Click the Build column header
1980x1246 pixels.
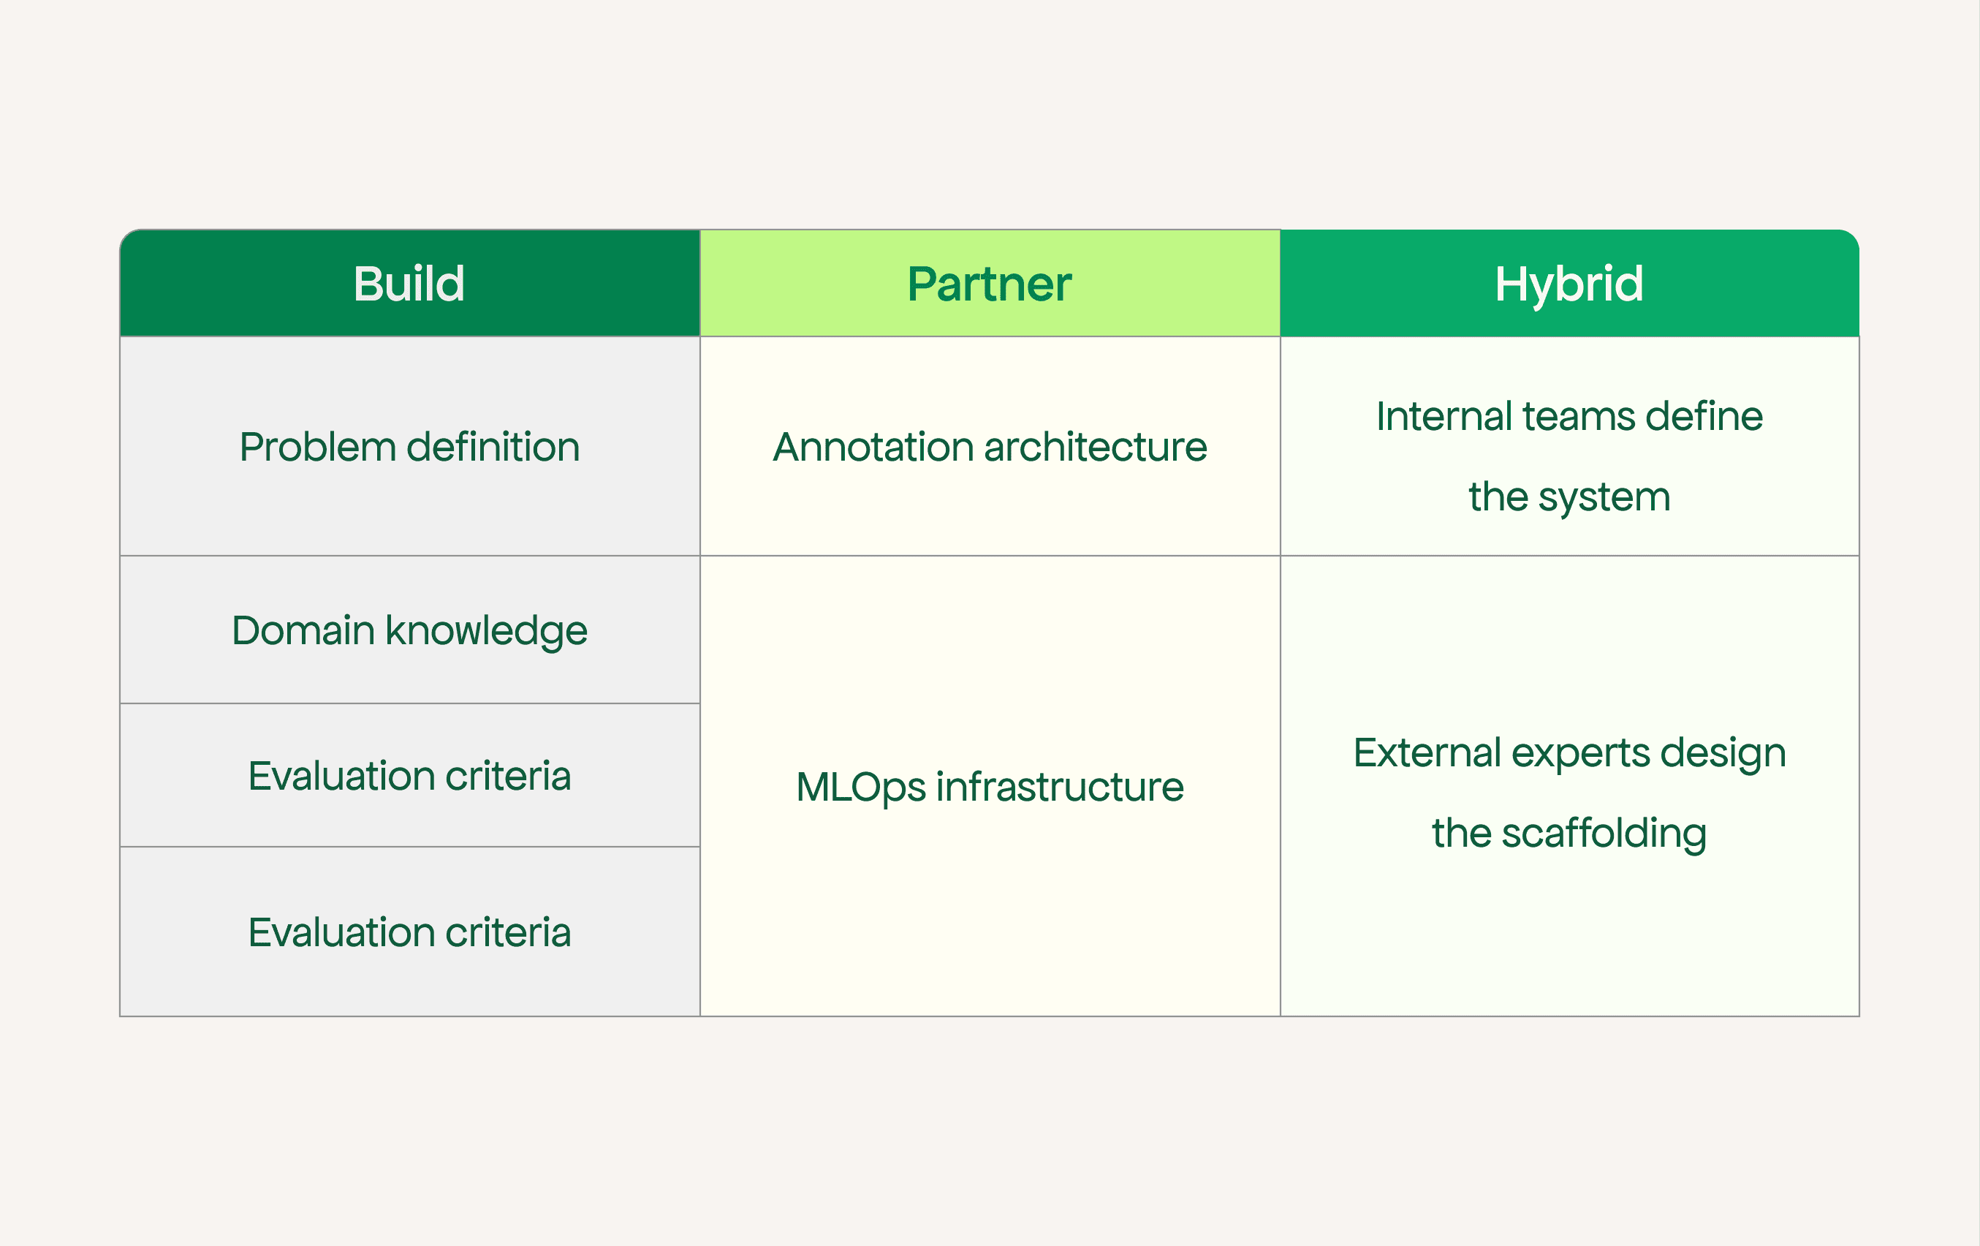[x=409, y=284]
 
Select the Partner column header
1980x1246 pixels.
[x=989, y=284]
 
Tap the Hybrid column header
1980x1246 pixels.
[x=1569, y=284]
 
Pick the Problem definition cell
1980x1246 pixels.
[x=409, y=447]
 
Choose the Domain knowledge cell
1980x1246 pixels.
[x=409, y=631]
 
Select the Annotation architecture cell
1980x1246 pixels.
[x=989, y=447]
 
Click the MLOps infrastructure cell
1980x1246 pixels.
[x=989, y=787]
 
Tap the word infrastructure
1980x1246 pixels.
[x=1060, y=787]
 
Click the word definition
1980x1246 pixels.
[x=493, y=447]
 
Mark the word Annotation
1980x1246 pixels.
[x=873, y=447]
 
